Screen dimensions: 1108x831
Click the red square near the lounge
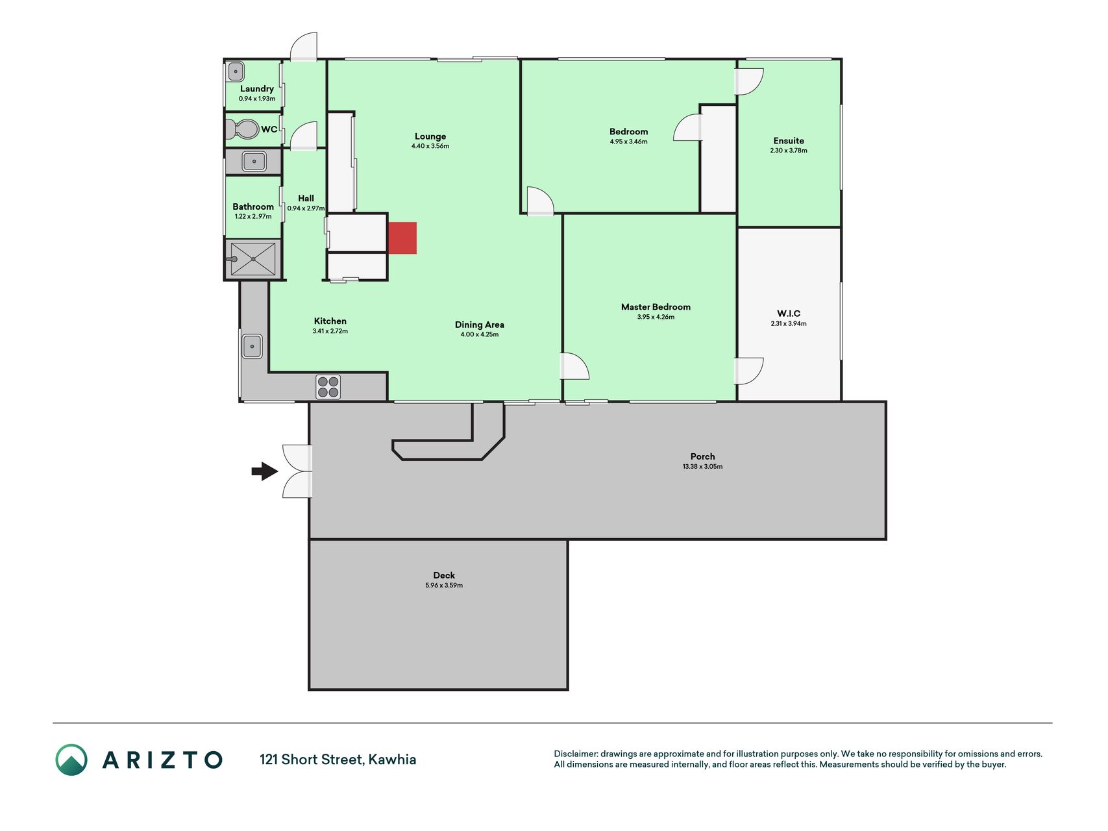pos(402,238)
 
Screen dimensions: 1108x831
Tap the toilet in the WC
pos(242,129)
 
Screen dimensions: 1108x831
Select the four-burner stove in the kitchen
pos(328,387)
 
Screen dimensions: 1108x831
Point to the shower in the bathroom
pos(253,259)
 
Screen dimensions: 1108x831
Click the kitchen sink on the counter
pos(252,346)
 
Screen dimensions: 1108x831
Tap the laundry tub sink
pos(236,72)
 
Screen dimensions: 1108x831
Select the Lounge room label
pos(430,136)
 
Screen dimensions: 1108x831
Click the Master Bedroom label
pos(656,307)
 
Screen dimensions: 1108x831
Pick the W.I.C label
pos(789,314)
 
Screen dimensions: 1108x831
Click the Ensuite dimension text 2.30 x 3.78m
pos(789,151)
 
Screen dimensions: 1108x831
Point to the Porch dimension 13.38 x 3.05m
pos(702,467)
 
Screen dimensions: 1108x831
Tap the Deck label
pos(444,575)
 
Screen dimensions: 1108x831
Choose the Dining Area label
pos(480,325)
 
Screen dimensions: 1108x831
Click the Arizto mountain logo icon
pos(71,760)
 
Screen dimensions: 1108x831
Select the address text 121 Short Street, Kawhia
pos(338,760)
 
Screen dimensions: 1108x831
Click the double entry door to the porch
pos(297,471)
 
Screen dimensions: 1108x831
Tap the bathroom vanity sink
pos(254,161)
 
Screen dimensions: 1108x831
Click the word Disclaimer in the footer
pos(575,754)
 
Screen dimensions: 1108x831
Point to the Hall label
pos(306,199)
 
